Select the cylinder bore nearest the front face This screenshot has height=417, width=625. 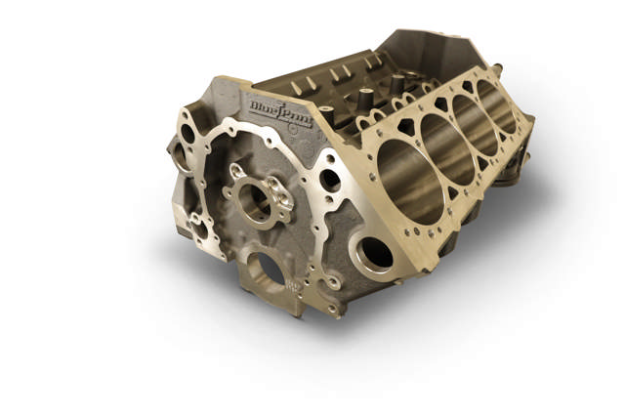click(x=405, y=177)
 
